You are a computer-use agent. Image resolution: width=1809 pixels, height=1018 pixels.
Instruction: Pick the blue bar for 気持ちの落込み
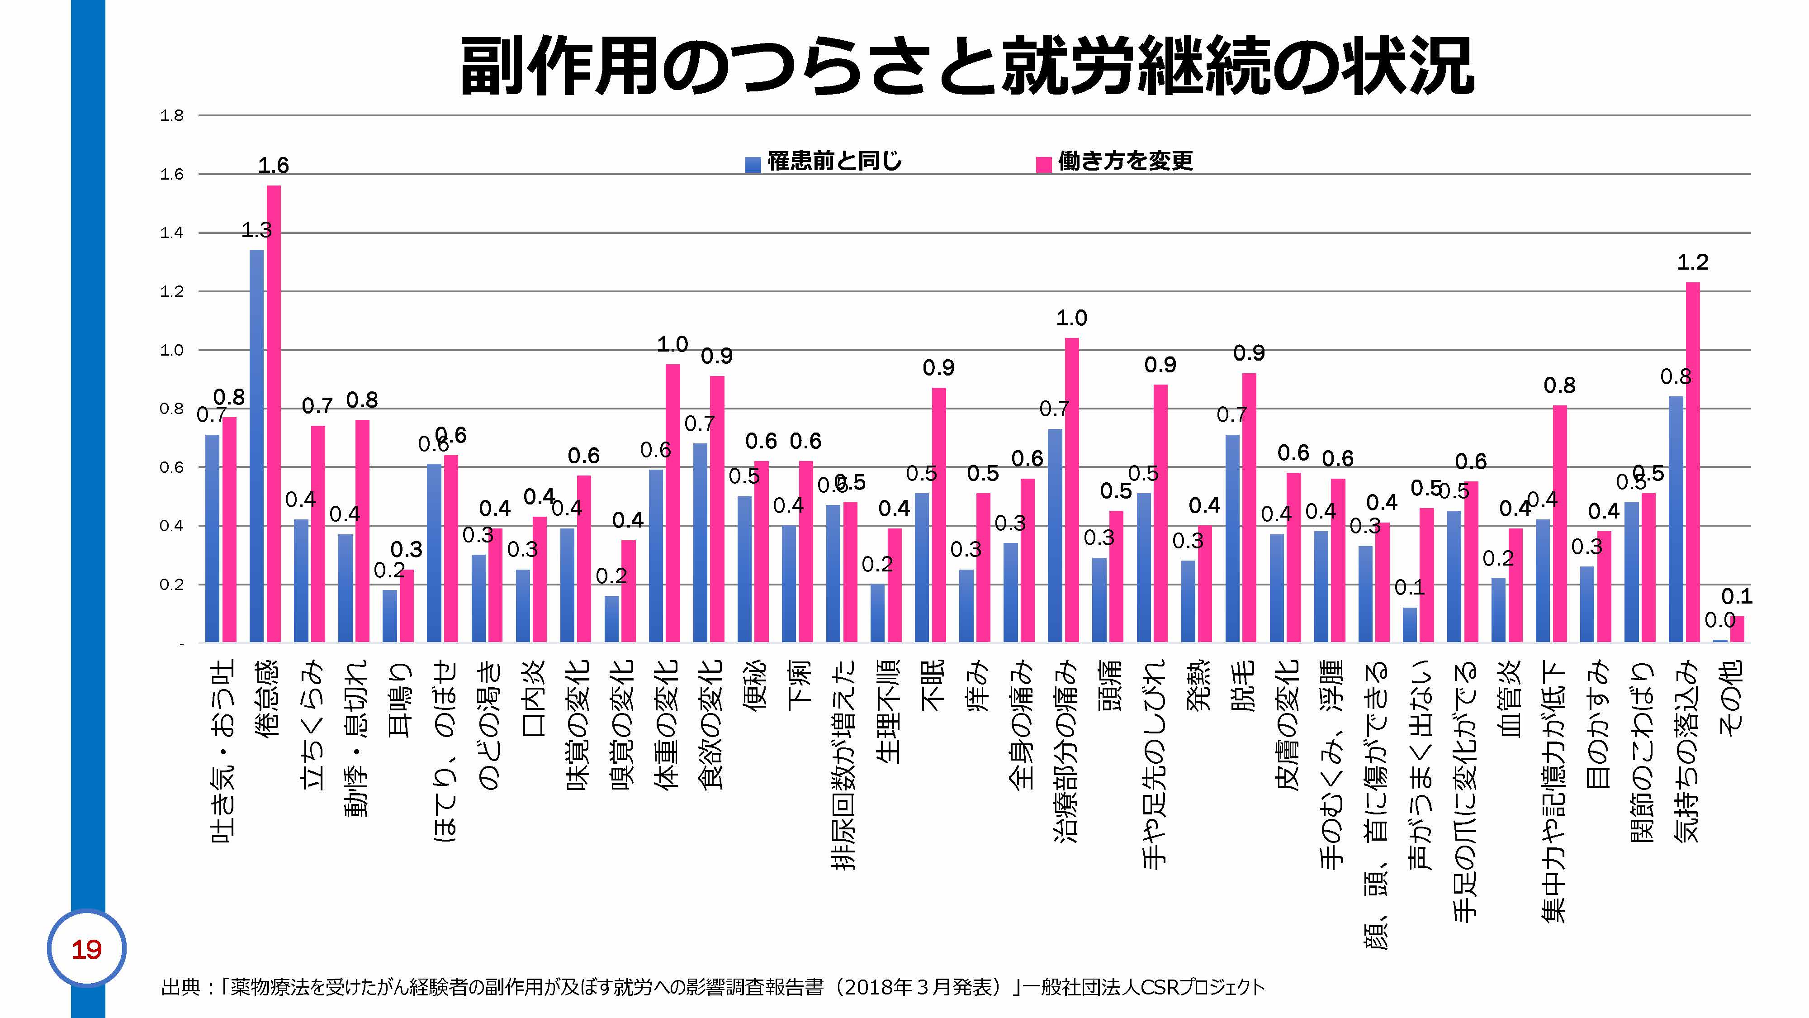point(1676,519)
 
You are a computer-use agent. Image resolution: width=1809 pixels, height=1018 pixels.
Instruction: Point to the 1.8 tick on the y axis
point(171,116)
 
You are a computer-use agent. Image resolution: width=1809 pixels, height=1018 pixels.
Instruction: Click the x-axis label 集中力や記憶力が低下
point(1554,790)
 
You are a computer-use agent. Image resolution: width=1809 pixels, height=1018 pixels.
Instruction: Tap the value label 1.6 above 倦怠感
point(273,166)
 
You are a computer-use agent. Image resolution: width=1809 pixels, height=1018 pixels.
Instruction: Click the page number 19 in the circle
point(86,950)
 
